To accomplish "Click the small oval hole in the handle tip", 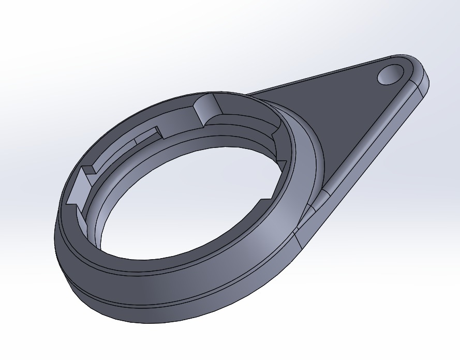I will [391, 74].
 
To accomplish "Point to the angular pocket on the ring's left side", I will [78, 189].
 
